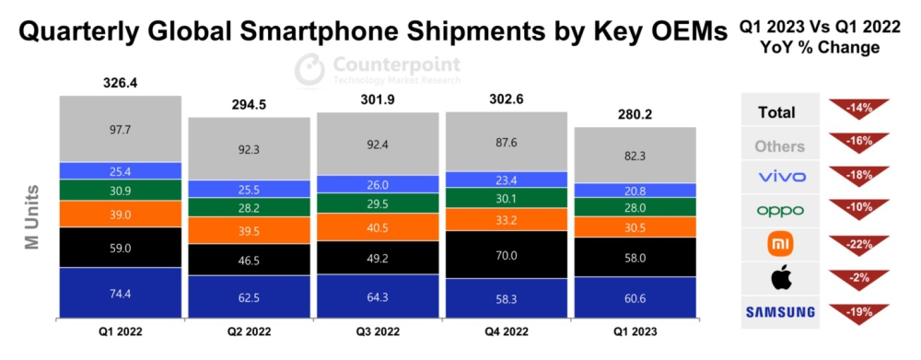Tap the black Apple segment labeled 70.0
coord(507,254)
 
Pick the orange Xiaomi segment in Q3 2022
coord(379,226)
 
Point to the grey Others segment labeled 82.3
coord(635,155)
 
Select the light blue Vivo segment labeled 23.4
coord(507,180)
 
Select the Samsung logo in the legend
coord(779,312)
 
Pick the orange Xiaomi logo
coord(779,244)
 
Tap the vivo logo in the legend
coord(779,177)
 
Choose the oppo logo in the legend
coord(779,210)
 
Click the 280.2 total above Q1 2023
coord(635,114)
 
